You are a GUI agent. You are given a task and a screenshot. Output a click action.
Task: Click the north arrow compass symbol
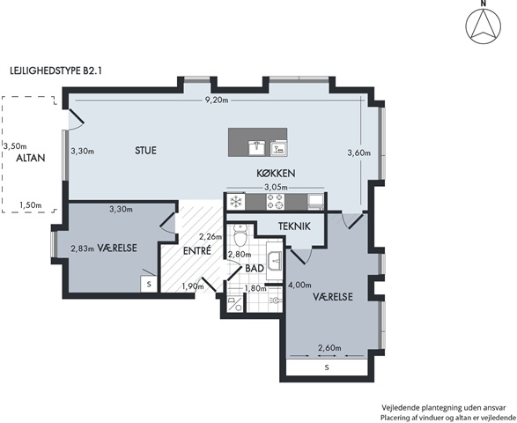[483, 26]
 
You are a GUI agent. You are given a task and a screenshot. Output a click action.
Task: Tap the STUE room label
[145, 151]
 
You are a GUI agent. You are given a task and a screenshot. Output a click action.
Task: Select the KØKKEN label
[276, 174]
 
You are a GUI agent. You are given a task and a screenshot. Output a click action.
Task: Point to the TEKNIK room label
[294, 226]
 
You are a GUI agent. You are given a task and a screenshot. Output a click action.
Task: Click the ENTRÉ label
[196, 251]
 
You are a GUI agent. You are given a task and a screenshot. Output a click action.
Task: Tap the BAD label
[255, 268]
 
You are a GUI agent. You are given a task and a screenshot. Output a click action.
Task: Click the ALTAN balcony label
[31, 158]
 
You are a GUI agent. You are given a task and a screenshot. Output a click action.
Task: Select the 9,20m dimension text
[217, 100]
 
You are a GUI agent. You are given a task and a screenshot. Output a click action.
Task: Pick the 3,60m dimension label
[359, 152]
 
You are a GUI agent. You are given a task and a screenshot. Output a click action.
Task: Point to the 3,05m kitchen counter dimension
[276, 188]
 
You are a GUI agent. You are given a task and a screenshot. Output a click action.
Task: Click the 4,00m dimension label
[299, 285]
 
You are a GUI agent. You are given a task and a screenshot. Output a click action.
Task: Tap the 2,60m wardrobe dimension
[329, 348]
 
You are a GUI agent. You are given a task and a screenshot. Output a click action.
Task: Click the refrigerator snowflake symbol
[236, 202]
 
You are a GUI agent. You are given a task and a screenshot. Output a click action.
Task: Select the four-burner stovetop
[276, 202]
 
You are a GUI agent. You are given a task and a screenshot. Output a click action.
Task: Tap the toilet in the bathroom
[240, 235]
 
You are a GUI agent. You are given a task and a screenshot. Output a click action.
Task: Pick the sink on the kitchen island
[258, 147]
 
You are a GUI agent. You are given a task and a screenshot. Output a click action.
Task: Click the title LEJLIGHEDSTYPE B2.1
[55, 70]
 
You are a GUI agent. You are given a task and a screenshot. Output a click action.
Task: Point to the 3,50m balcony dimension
[15, 145]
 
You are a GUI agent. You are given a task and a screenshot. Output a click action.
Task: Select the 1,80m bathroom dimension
[255, 289]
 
